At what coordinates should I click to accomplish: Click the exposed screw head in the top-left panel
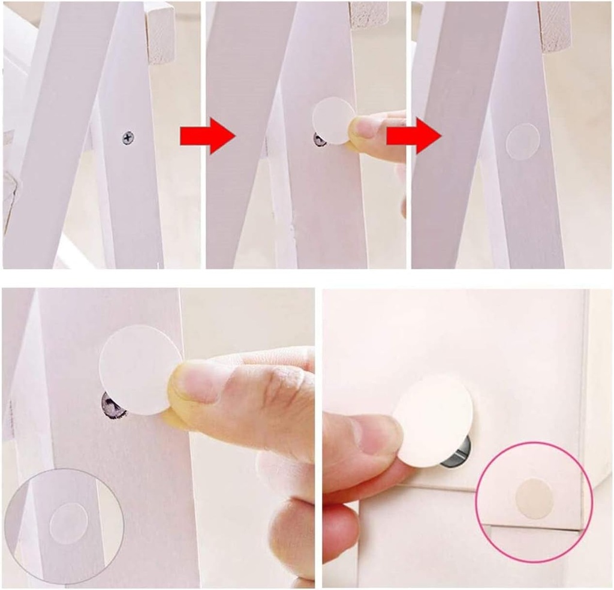pos(128,138)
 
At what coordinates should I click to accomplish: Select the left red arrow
pos(206,136)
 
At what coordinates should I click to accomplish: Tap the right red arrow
pos(413,136)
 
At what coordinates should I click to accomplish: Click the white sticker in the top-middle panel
pos(333,121)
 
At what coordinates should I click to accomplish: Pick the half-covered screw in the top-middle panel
pos(320,140)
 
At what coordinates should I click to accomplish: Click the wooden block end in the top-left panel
pos(159,33)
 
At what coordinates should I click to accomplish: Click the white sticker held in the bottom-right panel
pos(433,420)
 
